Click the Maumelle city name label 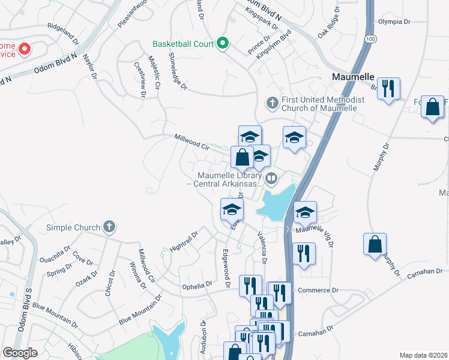coord(354,77)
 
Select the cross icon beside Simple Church coord(109,227)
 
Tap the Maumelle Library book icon coord(271,178)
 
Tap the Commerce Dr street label coord(318,290)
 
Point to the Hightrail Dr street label coord(184,242)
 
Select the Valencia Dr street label coord(262,248)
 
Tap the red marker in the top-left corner coord(25,48)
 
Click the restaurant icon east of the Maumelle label coord(390,89)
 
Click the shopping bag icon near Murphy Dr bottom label coord(375,244)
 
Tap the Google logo coord(20,353)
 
